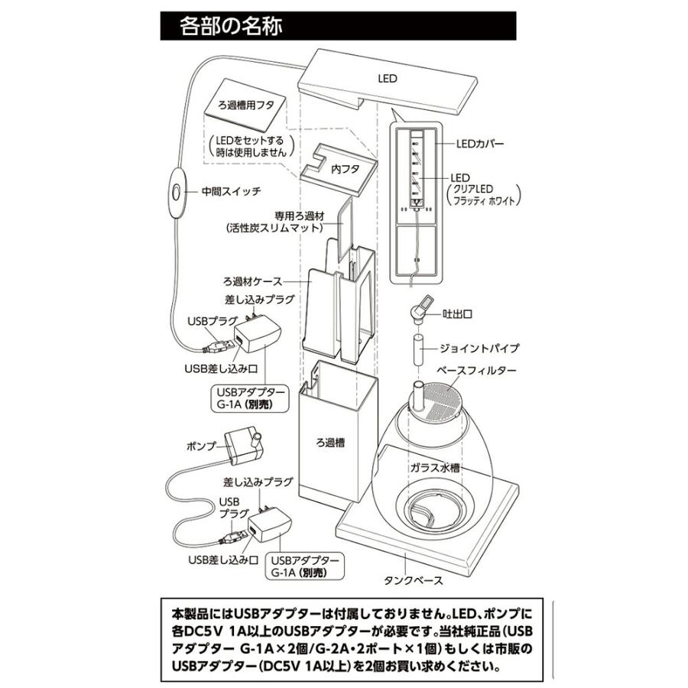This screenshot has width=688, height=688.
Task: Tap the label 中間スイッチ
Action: [x=230, y=191]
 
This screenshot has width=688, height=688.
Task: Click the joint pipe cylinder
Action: [x=419, y=349]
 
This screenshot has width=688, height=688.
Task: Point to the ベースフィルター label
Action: [x=475, y=370]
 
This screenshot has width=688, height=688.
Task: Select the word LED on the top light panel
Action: [x=388, y=77]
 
